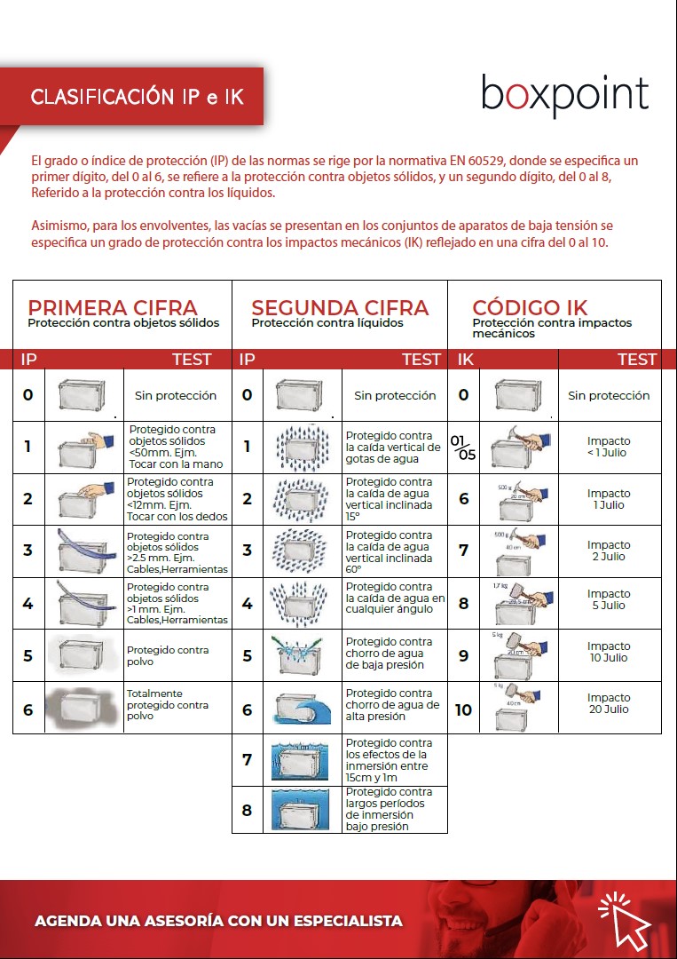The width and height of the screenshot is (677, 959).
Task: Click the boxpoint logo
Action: [x=564, y=95]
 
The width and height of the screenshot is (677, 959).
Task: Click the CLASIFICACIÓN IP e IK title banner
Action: [x=137, y=96]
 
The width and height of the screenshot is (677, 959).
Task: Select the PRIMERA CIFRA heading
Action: [x=113, y=307]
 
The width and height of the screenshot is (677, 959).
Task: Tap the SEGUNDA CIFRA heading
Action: [x=340, y=307]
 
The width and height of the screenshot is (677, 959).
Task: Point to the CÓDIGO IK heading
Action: [x=530, y=307]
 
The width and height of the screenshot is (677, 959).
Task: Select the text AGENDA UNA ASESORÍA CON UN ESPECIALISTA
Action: [x=218, y=921]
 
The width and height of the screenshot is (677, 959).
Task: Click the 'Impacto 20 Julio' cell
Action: [x=609, y=703]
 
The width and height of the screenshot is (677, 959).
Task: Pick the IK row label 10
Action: [x=463, y=709]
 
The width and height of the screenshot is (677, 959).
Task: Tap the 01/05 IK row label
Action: [x=462, y=448]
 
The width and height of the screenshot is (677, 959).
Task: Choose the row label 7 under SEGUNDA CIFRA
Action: [x=247, y=760]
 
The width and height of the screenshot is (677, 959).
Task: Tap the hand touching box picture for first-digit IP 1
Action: [x=84, y=447]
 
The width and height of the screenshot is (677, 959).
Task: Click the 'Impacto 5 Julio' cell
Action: [x=609, y=599]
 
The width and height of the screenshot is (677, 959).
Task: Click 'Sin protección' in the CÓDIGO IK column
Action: [x=609, y=396]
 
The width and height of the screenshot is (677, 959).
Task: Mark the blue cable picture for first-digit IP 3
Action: [x=84, y=551]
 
